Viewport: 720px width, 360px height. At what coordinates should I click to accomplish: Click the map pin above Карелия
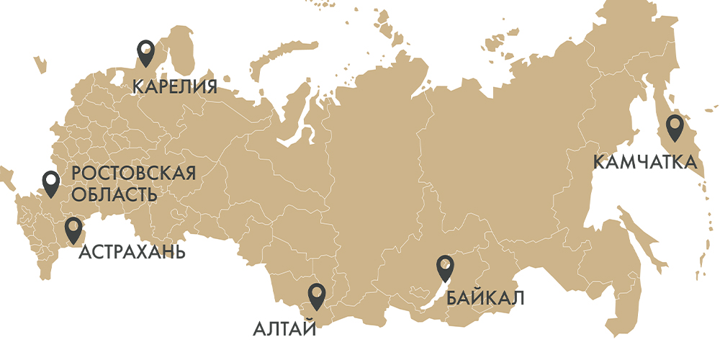(x=146, y=52)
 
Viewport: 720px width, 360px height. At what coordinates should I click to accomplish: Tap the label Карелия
(x=175, y=87)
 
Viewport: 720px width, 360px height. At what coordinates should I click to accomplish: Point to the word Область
(x=114, y=195)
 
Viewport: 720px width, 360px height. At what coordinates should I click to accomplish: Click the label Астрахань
(x=132, y=252)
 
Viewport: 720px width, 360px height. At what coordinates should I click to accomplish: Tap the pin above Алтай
(x=316, y=296)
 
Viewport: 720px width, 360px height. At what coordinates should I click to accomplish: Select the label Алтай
(x=284, y=330)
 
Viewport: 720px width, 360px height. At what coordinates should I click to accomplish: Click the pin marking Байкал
(x=446, y=268)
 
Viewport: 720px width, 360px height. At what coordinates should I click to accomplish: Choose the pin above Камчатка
(x=675, y=127)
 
